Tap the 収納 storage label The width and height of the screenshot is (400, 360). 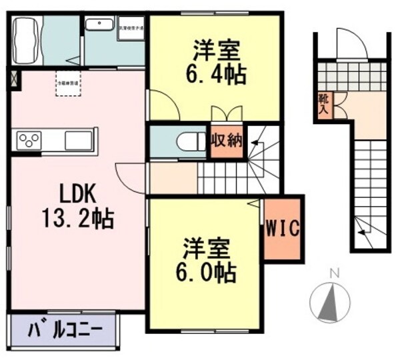coord(226,141)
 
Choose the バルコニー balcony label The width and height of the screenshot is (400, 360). coord(65,329)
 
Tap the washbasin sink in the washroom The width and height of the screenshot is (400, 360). coord(100,25)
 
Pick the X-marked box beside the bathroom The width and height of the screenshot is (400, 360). coord(15,79)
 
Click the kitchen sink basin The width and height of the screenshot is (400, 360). coord(81,140)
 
